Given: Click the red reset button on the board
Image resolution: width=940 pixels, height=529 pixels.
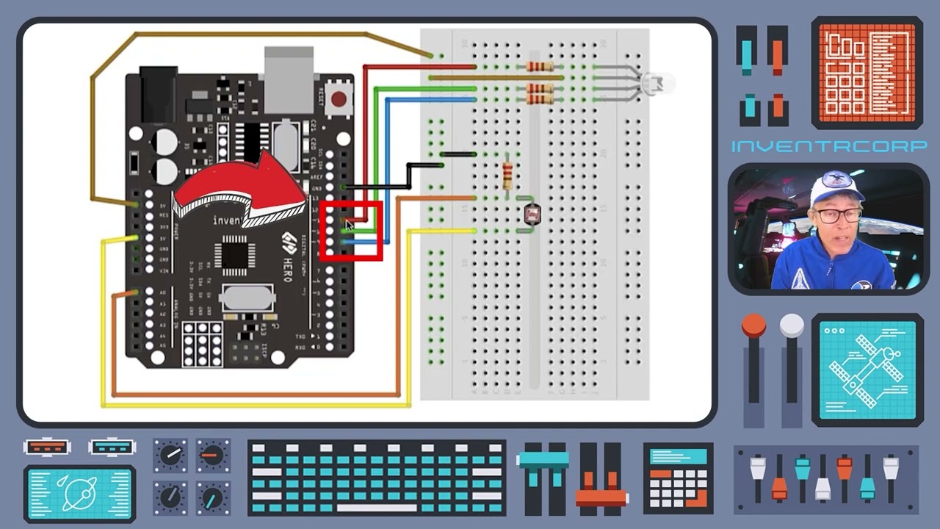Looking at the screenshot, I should pos(339,98).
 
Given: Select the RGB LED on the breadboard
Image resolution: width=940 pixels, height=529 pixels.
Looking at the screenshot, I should pos(656,83).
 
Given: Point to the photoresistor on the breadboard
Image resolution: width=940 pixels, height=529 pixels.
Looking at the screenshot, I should pos(532,214).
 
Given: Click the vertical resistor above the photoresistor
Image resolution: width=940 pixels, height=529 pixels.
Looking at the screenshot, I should pos(507,176).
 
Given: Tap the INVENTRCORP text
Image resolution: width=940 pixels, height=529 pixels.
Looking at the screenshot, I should pos(828,146).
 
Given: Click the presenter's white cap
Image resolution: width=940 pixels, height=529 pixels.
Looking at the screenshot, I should pos(836,188).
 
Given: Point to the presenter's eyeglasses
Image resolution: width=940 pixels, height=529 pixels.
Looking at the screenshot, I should pos(838,216).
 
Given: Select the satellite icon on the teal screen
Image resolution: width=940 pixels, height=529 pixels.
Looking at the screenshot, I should pos(867,370).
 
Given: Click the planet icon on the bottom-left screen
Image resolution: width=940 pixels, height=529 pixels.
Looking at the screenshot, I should pos(79,493).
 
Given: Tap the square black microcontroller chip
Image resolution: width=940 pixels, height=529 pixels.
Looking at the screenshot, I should pos(234,254).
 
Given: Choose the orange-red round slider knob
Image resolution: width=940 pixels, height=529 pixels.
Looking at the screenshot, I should pos(753,325).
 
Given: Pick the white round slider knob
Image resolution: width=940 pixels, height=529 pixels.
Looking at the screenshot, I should pos(792,325).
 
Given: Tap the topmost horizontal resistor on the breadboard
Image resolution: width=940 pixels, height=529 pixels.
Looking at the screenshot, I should pos(540,67).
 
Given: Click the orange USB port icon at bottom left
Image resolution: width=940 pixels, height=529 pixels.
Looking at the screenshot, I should pos(47,447).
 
